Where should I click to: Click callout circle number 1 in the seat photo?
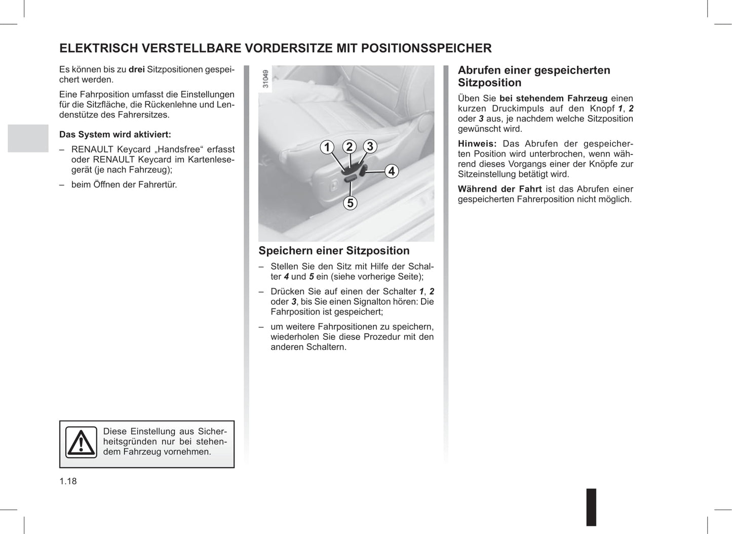coord(327,147)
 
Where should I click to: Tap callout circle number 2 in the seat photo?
coord(349,147)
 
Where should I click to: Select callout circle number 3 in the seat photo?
coord(370,146)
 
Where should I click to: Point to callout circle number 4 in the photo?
coord(391,171)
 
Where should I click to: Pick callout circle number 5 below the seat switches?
coord(350,203)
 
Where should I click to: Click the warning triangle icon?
coord(81,442)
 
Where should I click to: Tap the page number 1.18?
coord(68,481)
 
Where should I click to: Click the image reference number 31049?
coord(265,79)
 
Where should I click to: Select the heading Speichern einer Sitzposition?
coord(334,251)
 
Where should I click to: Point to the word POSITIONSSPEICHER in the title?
coord(426,48)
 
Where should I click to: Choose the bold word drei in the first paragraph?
coord(136,69)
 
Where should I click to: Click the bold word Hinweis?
coord(477,144)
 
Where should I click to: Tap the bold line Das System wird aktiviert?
coord(115,134)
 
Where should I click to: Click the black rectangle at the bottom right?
coord(591,507)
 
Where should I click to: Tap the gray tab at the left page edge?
coord(28,138)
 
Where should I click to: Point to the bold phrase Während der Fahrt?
coord(499,189)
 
